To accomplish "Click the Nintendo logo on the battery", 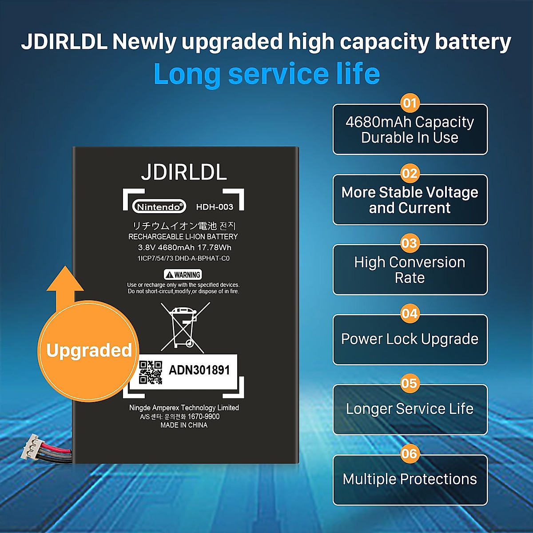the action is (159, 207).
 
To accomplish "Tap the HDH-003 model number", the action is (215, 207).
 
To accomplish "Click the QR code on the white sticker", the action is (151, 372).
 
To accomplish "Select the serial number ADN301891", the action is (199, 370).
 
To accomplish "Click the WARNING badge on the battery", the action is (183, 274).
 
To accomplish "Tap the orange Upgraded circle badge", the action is (88, 350).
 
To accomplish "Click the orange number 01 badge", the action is (410, 103).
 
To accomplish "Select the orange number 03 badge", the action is (410, 243).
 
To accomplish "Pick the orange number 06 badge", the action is (410, 453).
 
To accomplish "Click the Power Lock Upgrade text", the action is (410, 339).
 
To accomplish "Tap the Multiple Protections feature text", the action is (410, 479).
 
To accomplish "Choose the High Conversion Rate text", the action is (410, 270).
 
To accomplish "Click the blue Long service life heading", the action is (266, 74).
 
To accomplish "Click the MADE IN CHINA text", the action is (184, 425).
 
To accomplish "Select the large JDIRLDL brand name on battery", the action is (184, 172).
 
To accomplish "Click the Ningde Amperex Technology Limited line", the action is (184, 407).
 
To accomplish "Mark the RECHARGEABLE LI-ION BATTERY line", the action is (183, 237).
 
